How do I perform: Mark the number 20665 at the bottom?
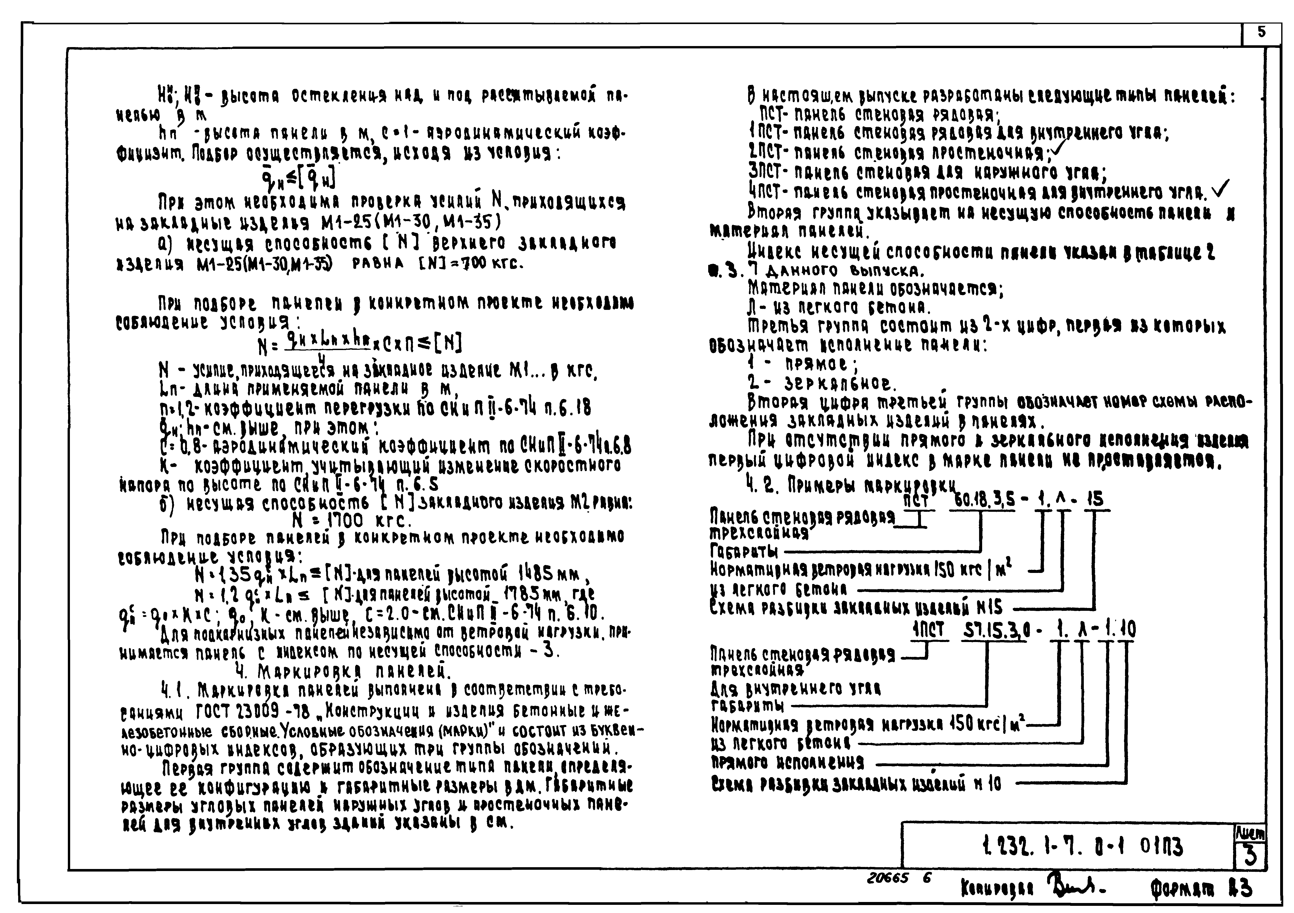tap(888, 877)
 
